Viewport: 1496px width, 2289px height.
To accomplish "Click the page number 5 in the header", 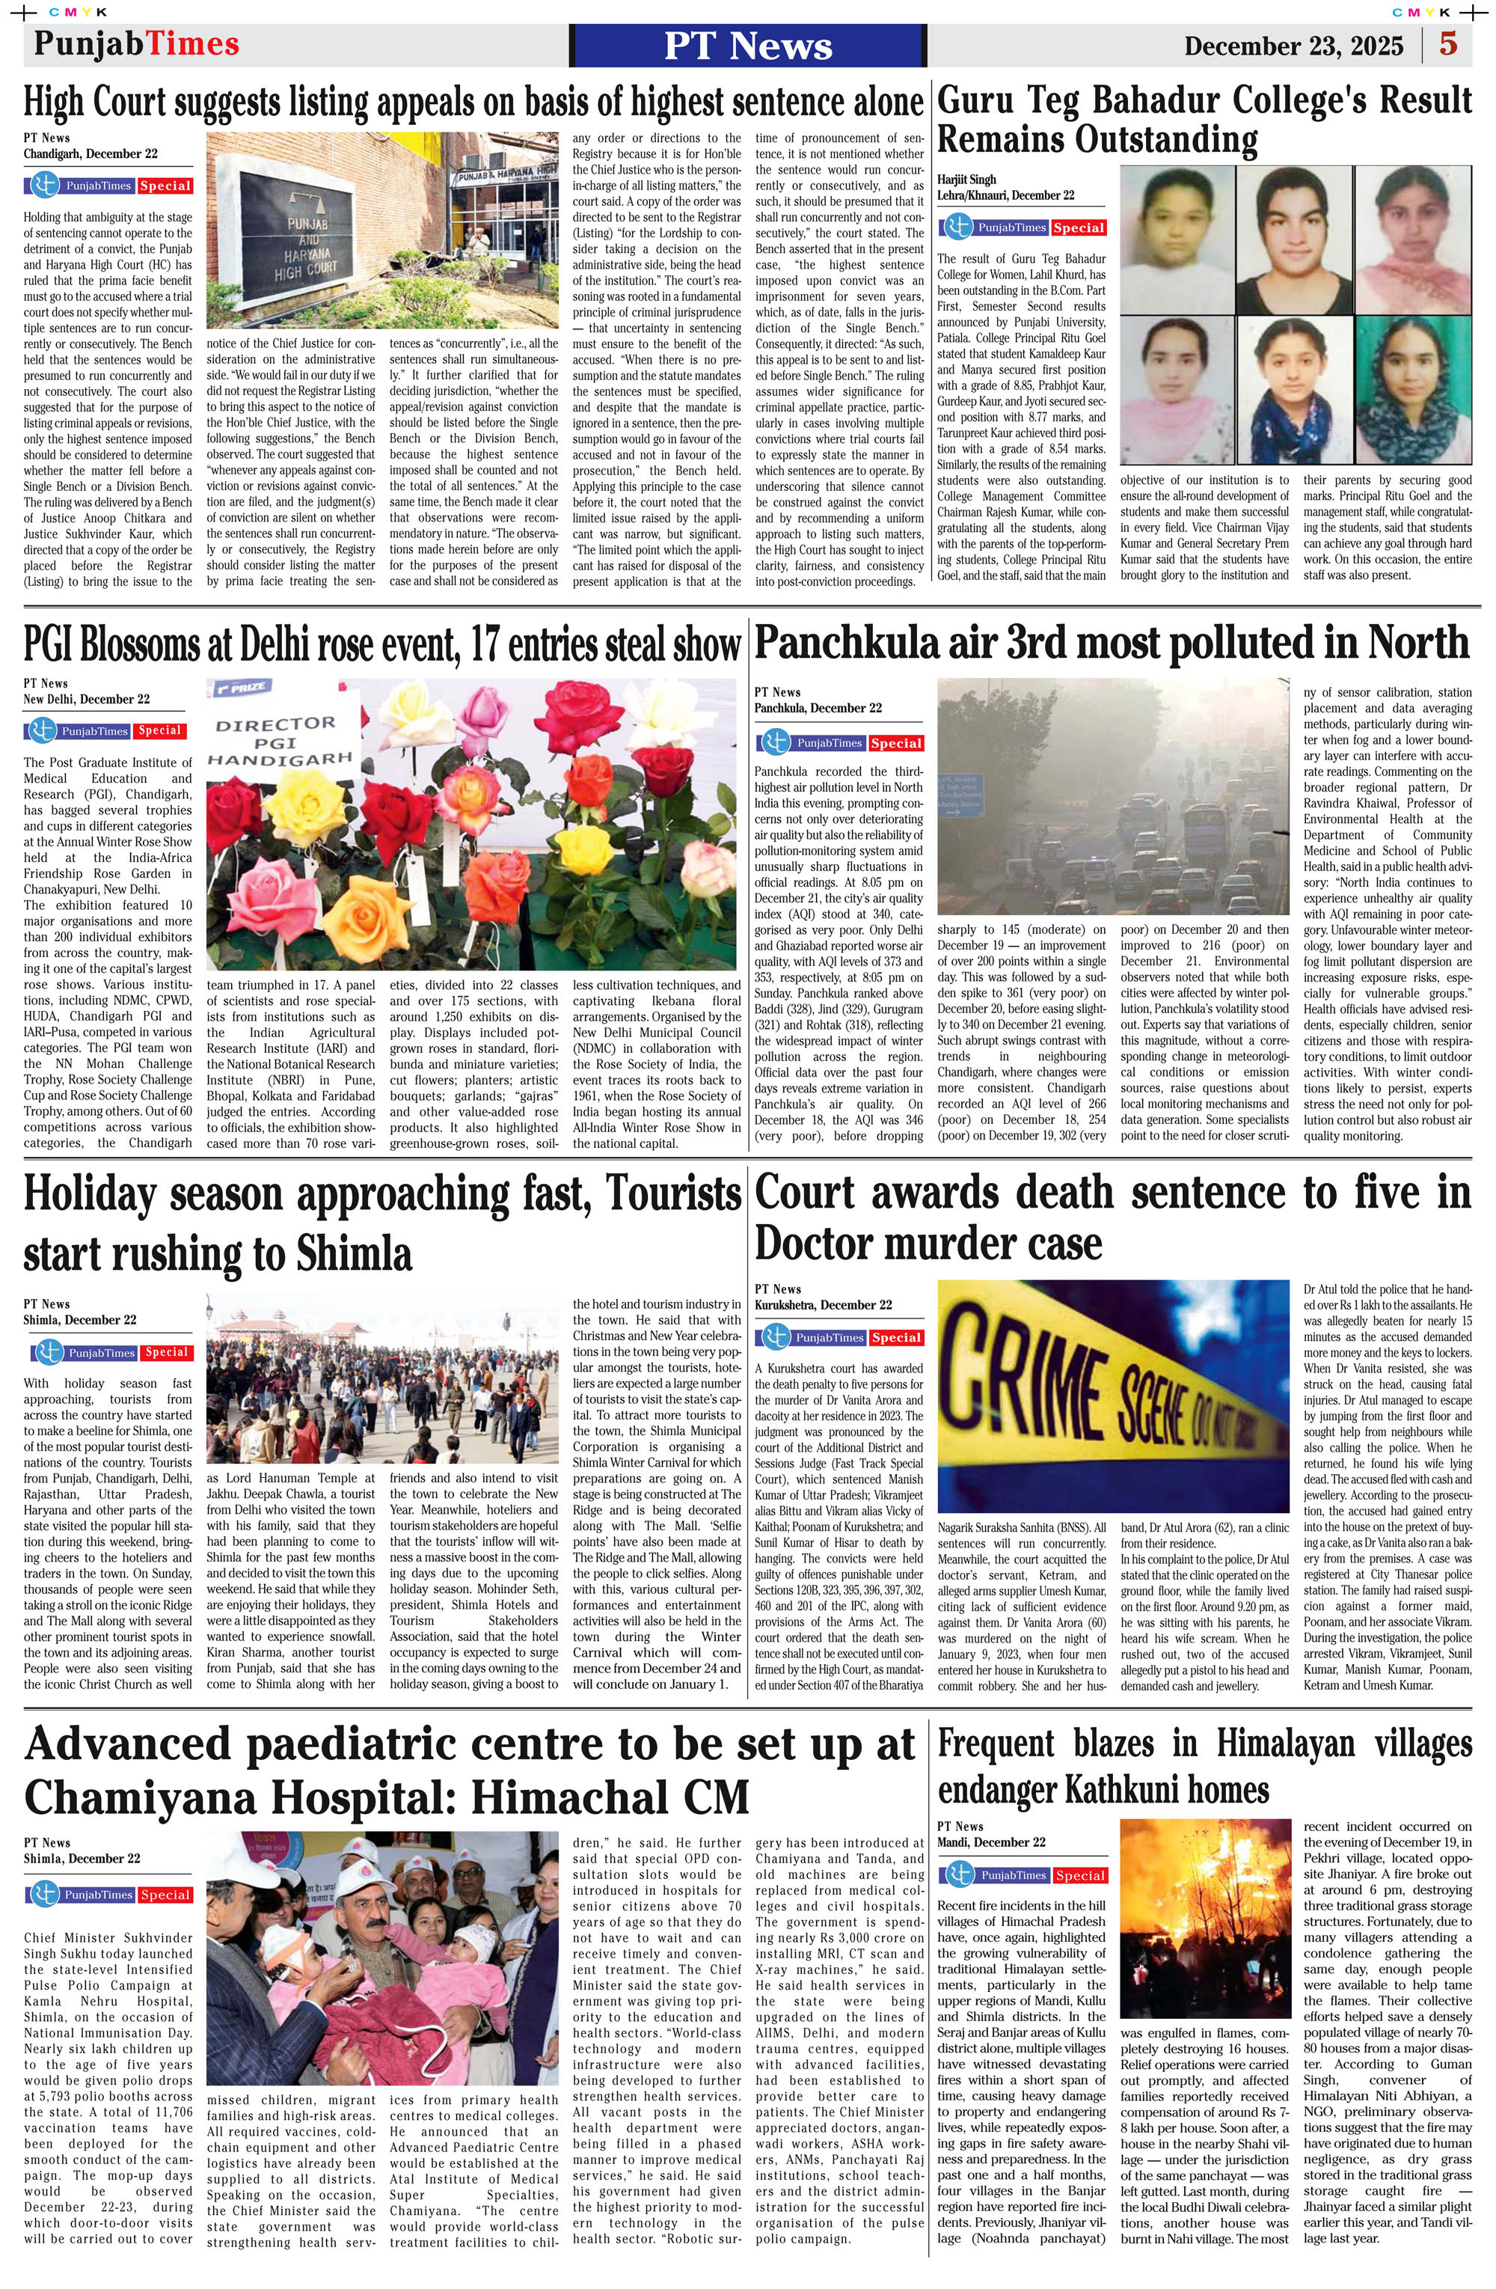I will [1448, 45].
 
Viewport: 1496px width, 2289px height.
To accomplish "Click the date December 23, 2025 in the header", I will [1293, 46].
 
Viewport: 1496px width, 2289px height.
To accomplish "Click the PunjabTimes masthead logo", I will [137, 44].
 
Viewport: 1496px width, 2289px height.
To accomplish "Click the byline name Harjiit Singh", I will [966, 180].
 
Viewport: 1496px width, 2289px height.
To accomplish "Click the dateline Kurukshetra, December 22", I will [822, 1305].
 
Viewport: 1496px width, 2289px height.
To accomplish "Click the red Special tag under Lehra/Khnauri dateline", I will [1078, 228].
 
